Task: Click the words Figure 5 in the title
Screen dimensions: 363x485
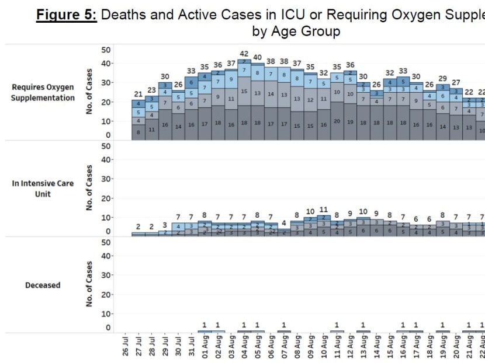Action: coord(66,15)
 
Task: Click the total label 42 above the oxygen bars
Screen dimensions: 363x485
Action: coord(244,54)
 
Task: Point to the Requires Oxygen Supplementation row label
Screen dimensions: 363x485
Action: coord(43,93)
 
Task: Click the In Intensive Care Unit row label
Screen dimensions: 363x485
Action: coord(43,189)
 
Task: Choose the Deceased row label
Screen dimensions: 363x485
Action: coord(43,285)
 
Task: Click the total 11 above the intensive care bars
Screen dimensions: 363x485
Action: coord(324,210)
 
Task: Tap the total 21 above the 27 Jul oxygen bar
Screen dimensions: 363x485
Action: coord(138,94)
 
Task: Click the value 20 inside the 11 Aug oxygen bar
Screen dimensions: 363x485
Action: coord(337,121)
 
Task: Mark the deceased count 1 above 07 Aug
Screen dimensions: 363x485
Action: coord(284,325)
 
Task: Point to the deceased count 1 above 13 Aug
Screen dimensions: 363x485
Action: coord(363,325)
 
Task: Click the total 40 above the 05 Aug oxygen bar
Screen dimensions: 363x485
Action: coord(258,57)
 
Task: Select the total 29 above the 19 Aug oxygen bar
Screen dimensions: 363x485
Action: coord(442,78)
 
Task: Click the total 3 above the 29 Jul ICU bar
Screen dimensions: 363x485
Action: coord(165,225)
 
